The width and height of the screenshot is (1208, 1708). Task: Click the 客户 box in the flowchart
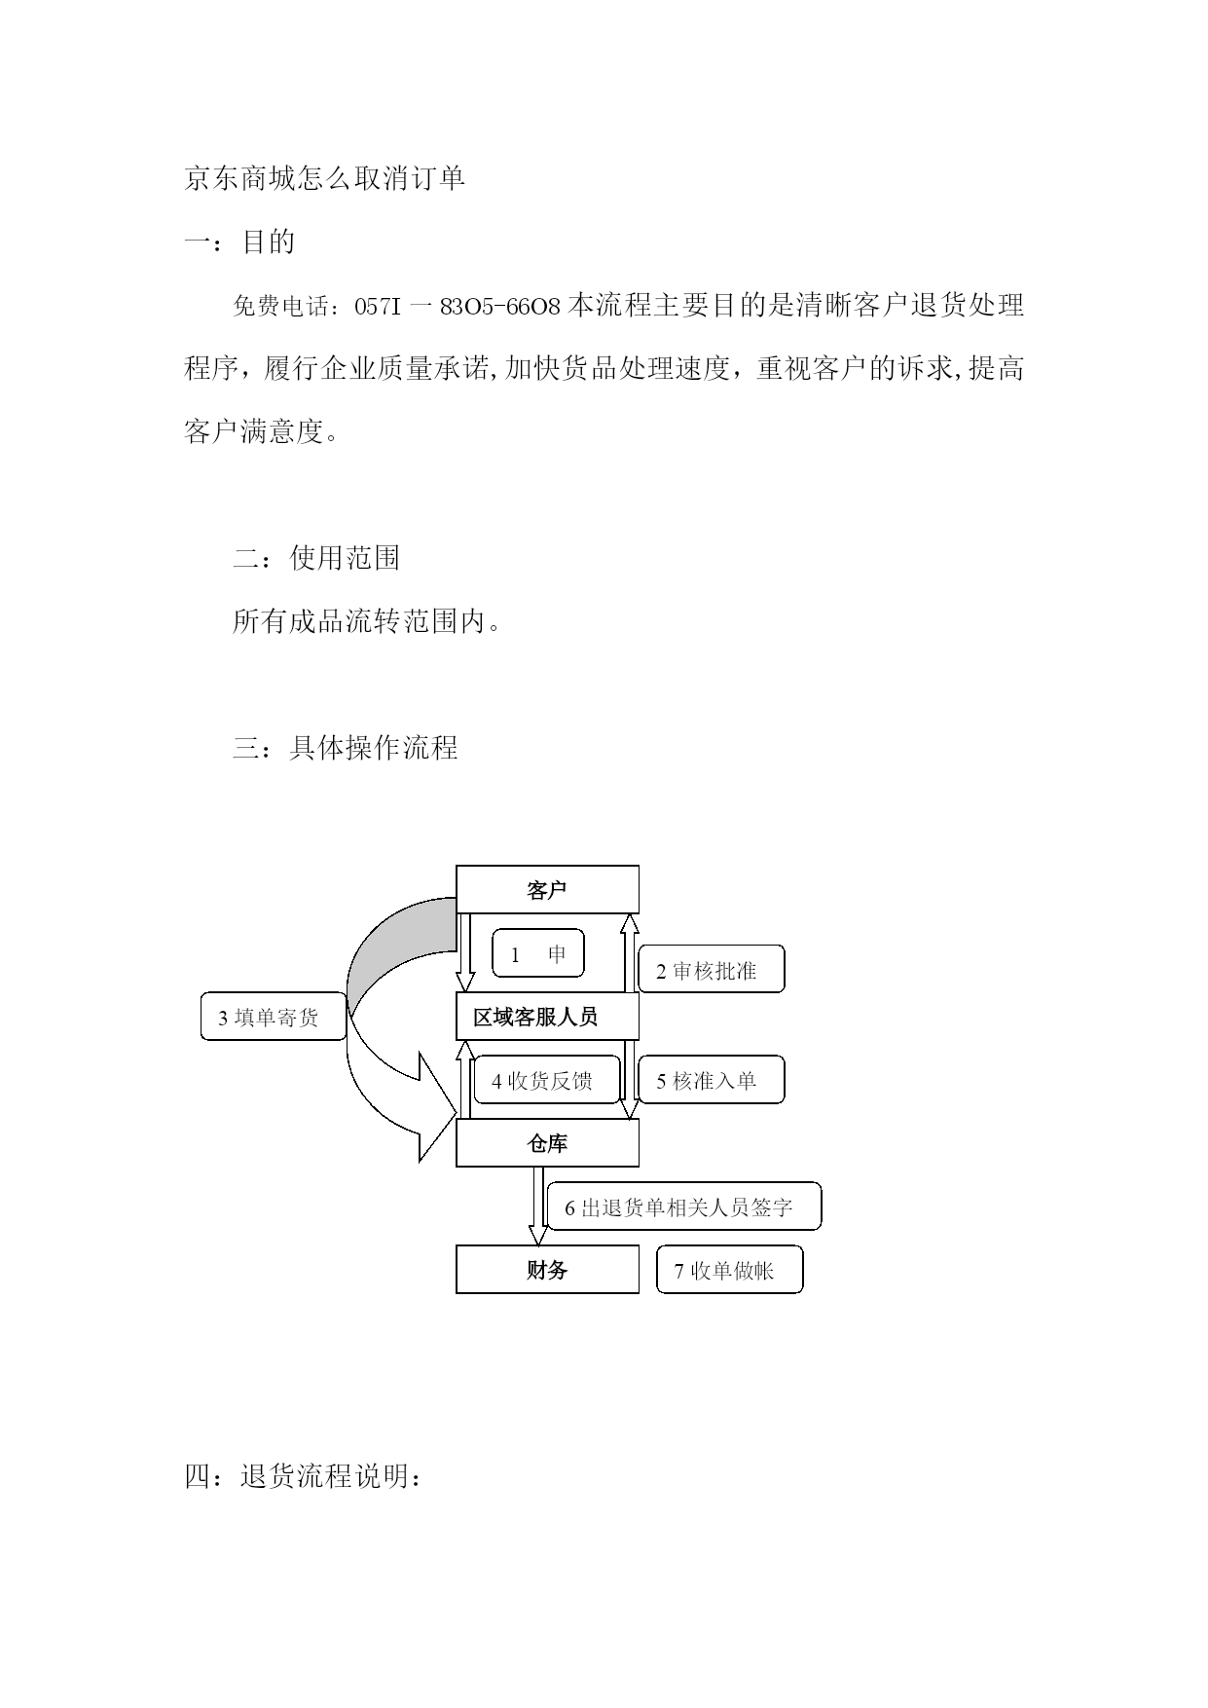click(547, 889)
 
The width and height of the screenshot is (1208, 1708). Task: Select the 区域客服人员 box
click(547, 1017)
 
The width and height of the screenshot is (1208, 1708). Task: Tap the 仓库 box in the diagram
click(547, 1143)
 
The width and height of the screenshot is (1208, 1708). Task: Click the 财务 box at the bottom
click(547, 1270)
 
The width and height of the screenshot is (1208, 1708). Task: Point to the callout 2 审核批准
click(712, 970)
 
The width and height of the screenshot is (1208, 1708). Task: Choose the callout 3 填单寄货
click(274, 1018)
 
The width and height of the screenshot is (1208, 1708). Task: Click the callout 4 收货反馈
click(547, 1080)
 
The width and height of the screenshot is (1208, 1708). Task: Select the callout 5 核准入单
click(712, 1080)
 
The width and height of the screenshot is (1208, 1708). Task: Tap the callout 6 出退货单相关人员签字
click(684, 1207)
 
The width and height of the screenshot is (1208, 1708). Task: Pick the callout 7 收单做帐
click(730, 1270)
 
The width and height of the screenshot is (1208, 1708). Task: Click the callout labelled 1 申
click(538, 953)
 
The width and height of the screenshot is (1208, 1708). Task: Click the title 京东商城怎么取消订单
click(325, 179)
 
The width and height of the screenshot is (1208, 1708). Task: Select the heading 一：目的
click(239, 241)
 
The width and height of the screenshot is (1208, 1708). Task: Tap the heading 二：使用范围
click(316, 558)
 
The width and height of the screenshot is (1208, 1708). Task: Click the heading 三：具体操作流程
click(345, 748)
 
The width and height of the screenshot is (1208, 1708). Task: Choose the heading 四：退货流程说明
click(304, 1476)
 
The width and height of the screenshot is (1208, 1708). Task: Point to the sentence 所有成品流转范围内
click(367, 621)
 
